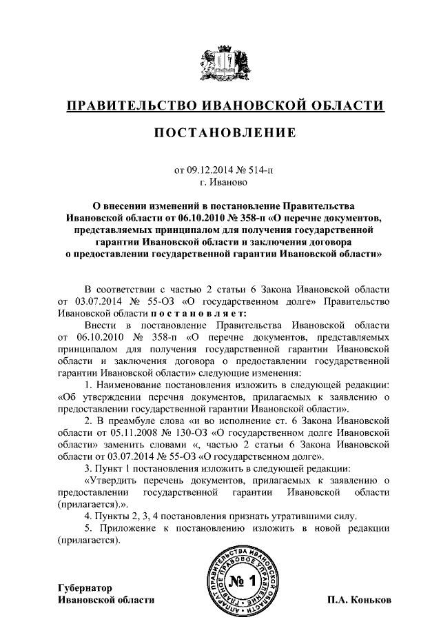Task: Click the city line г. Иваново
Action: click(x=220, y=183)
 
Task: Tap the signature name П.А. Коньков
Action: click(x=359, y=600)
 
